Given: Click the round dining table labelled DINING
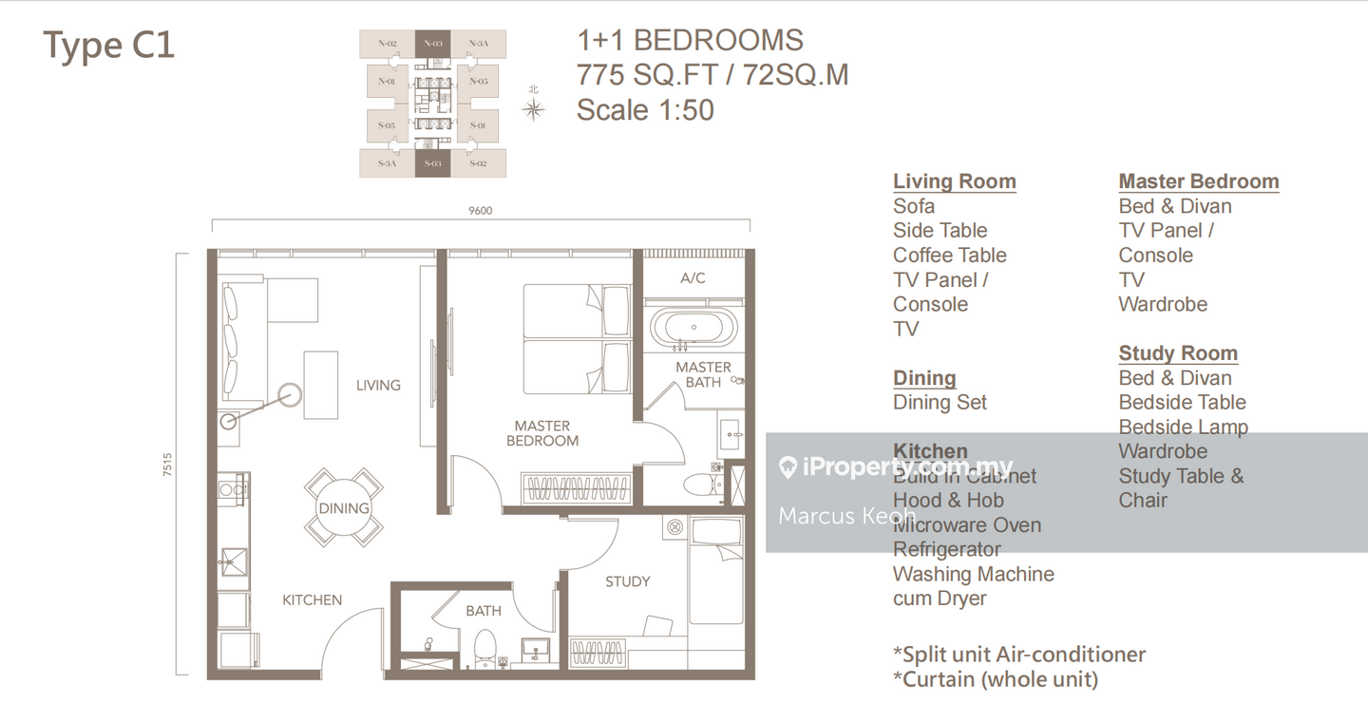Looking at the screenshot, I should pos(344,508).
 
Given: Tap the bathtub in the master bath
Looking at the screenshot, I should pos(693,326).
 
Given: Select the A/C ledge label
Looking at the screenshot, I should pos(693,278).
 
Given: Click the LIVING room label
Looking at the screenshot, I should pos(378,385).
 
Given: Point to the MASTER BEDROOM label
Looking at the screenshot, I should pos(541,433).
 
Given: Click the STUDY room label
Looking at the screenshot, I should pos(627,581).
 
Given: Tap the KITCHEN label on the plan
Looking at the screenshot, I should pos(312,599).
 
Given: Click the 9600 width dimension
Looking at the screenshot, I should pos(481,211).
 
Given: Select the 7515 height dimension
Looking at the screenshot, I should pos(168,465).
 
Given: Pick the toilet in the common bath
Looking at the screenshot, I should pos(485,647).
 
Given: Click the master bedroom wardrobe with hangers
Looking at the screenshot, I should pos(577,489).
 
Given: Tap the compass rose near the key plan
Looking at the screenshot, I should pos(534,108).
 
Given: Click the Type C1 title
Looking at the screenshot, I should pos(109,46).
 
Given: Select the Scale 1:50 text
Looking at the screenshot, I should pos(645,109).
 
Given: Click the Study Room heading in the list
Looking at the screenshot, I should pos(1178,353).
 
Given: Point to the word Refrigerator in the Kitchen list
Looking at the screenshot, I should pos(946,549).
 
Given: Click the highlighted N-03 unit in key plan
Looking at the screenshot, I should pos(432,44).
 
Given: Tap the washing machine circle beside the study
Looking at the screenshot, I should pos(674,526).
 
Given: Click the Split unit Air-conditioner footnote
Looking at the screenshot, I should pos(1018,655).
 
